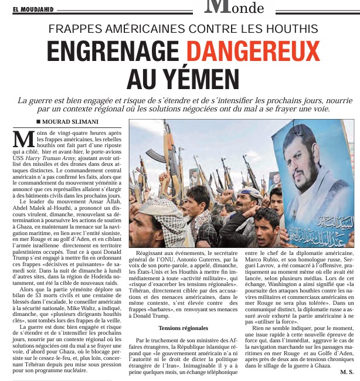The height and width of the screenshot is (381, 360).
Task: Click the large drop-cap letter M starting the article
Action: [22, 138]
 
